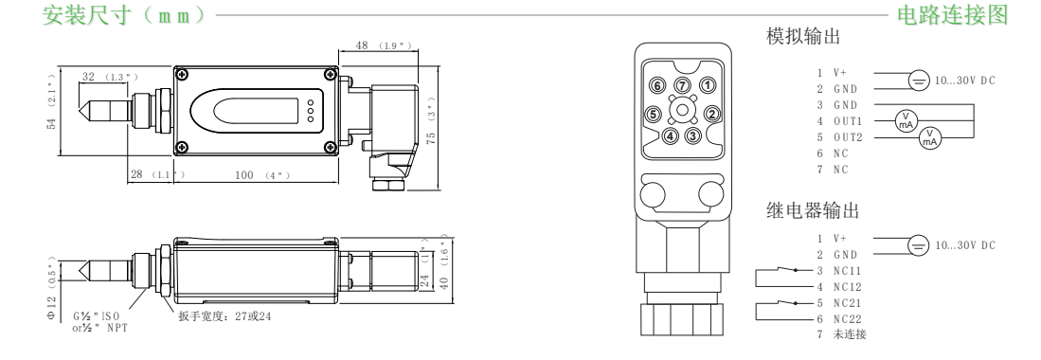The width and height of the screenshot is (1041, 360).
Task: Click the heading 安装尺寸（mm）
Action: [x=125, y=14]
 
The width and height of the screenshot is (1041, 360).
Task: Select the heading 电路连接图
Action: [x=952, y=14]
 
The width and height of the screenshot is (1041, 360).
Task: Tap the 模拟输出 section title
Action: [x=803, y=36]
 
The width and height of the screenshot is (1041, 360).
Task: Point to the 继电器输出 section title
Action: [x=813, y=210]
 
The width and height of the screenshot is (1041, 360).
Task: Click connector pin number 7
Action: [x=683, y=85]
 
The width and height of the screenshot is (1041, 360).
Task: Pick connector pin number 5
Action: [x=654, y=115]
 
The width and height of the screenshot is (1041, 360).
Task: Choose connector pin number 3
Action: [x=693, y=135]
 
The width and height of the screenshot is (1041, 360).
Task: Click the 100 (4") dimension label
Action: [x=263, y=175]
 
